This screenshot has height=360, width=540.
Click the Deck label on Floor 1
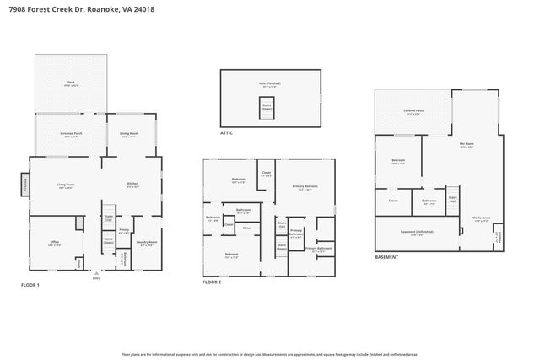(71, 83)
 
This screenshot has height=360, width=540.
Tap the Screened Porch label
(72, 134)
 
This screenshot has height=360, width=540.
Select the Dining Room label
(129, 134)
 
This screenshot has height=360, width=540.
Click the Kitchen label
(132, 185)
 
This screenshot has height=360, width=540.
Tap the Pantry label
(123, 231)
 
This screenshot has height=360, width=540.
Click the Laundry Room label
(148, 244)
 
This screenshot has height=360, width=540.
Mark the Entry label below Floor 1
(96, 278)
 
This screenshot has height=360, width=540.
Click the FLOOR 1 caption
(30, 285)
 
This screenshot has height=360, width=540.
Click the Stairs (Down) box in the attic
(267, 107)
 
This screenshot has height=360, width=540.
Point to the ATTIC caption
(227, 132)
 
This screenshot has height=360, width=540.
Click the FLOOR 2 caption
(212, 282)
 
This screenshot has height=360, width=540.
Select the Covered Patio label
(413, 111)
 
